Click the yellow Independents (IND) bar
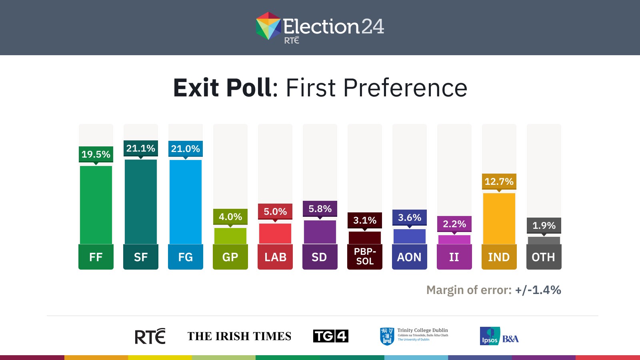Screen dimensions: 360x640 pyautogui.click(x=499, y=218)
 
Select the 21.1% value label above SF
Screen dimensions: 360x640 pyautogui.click(x=140, y=148)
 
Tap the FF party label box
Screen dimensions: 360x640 pyautogui.click(x=96, y=257)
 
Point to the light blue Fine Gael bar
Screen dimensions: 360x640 pyautogui.click(x=186, y=202)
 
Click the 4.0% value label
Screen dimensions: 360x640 pyautogui.click(x=230, y=217)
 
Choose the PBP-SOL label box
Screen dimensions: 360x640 pyautogui.click(x=365, y=257)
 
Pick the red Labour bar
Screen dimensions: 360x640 pyautogui.click(x=275, y=234)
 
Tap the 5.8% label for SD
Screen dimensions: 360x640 pyautogui.click(x=320, y=209)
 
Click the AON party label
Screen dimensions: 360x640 pyautogui.click(x=409, y=257)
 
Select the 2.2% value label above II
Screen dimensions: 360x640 pyautogui.click(x=454, y=224)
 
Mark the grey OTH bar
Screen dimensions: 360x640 pyautogui.click(x=544, y=240)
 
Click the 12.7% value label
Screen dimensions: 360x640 pyautogui.click(x=499, y=182)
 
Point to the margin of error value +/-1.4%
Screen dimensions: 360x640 pyautogui.click(x=538, y=290)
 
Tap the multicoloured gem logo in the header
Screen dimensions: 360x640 pyautogui.click(x=268, y=26)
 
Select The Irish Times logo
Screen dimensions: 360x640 pyautogui.click(x=239, y=336)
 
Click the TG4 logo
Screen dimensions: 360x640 pyautogui.click(x=331, y=336)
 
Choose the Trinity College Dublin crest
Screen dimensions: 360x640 pyautogui.click(x=386, y=336)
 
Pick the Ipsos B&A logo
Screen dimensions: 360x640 pyautogui.click(x=499, y=336)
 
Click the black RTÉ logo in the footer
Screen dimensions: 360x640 pyautogui.click(x=150, y=336)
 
